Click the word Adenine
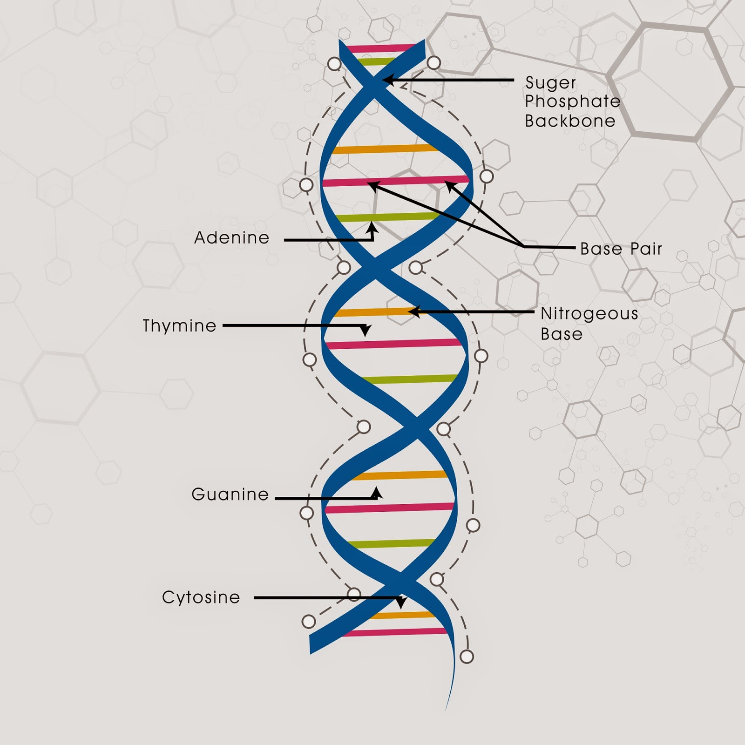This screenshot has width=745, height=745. pos(232,237)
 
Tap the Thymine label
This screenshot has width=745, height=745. pos(180,325)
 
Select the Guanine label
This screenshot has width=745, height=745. pos(230,494)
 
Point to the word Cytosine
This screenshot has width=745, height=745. pos(201,597)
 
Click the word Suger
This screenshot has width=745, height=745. pos(551,83)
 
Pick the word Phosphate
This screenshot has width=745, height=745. pos(573,102)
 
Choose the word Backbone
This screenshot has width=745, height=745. pos(570,121)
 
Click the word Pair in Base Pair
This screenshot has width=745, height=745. pos(646,249)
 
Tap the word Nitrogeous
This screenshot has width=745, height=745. pos(589,314)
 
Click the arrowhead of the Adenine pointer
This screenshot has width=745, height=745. pos(372,227)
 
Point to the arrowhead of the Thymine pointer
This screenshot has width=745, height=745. pos(366,331)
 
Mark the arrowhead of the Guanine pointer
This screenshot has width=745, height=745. pos(376,492)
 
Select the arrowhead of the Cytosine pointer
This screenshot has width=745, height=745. pos(400,603)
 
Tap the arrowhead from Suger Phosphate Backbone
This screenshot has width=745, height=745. pos(388,80)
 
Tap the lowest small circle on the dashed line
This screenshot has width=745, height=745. pos(467,657)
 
